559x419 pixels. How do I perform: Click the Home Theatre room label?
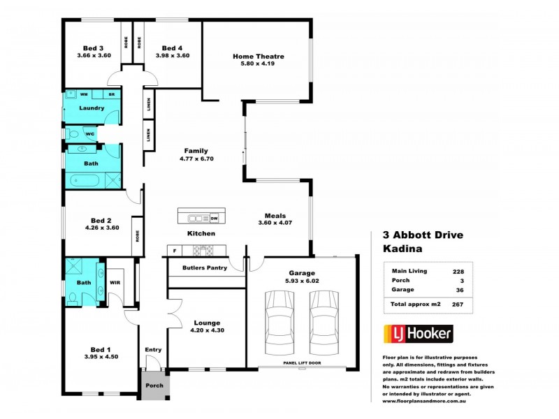pyautogui.click(x=259, y=57)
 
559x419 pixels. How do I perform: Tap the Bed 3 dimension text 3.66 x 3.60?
pyautogui.click(x=94, y=55)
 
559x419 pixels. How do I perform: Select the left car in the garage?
pyautogui.click(x=279, y=322)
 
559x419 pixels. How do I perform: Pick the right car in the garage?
pyautogui.click(x=324, y=322)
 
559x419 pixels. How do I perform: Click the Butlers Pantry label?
pyautogui.click(x=203, y=268)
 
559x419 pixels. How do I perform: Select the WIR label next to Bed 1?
pyautogui.click(x=115, y=283)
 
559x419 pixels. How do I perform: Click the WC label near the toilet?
pyautogui.click(x=89, y=133)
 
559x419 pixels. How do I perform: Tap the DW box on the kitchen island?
pyautogui.click(x=214, y=217)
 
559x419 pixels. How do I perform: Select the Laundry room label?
pyautogui.click(x=92, y=108)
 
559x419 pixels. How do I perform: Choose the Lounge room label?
pyautogui.click(x=207, y=323)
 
